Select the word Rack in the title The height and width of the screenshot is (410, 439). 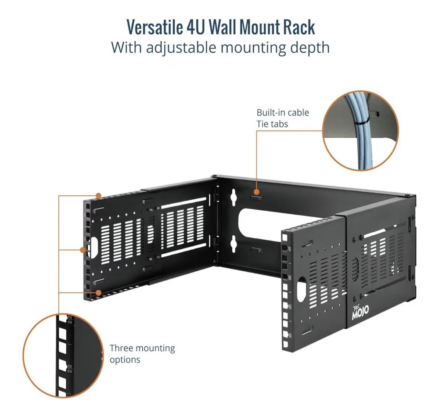pyautogui.click(x=299, y=27)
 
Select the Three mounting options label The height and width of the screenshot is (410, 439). pyautogui.click(x=142, y=354)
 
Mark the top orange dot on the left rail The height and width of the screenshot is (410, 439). pyautogui.click(x=99, y=195)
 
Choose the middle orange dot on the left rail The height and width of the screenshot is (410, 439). pyautogui.click(x=83, y=250)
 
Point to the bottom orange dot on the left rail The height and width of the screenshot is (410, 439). pyautogui.click(x=99, y=291)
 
